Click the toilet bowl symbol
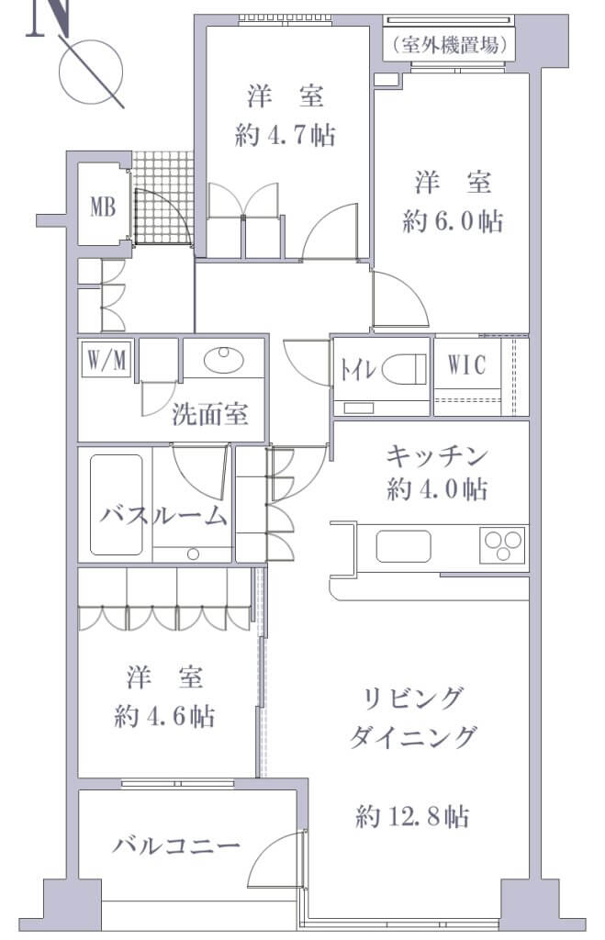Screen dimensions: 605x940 click(x=404, y=368)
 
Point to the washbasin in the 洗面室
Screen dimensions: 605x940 click(x=224, y=360)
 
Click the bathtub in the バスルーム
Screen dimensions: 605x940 click(x=117, y=504)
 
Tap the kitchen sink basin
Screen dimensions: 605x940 click(x=403, y=546)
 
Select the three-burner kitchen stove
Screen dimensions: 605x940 click(x=502, y=545)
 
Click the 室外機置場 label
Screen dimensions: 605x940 click(x=450, y=44)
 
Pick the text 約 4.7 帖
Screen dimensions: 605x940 click(x=285, y=135)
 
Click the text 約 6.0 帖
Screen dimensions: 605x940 click(x=453, y=221)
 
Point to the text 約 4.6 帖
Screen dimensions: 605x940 click(x=164, y=715)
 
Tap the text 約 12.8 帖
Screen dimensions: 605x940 click(x=412, y=816)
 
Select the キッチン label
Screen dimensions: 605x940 click(x=436, y=456)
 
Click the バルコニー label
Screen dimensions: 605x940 click(x=176, y=845)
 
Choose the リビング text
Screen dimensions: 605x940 click(x=413, y=698)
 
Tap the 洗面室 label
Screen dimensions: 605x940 click(x=210, y=414)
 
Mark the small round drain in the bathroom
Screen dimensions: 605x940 click(x=193, y=554)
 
